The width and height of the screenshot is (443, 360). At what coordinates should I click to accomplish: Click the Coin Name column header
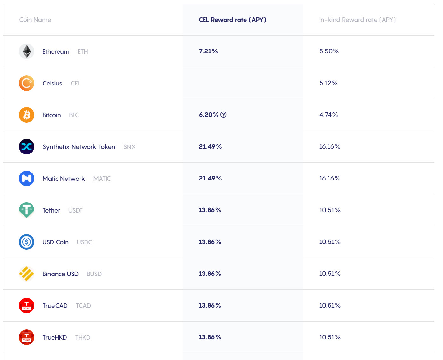pyautogui.click(x=35, y=20)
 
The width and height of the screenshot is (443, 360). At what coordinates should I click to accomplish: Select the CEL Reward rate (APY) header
pyautogui.click(x=232, y=20)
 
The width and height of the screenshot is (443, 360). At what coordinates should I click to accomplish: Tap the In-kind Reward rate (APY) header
pyautogui.click(x=357, y=20)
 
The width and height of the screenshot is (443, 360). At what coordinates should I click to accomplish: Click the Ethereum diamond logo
pyautogui.click(x=27, y=51)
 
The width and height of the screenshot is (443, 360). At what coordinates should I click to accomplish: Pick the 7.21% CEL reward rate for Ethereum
pyautogui.click(x=208, y=51)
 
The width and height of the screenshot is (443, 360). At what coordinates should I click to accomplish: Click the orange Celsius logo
pyautogui.click(x=27, y=83)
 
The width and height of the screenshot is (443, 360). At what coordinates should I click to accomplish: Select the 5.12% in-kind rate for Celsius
pyautogui.click(x=328, y=83)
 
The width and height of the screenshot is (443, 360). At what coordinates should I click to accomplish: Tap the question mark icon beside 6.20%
pyautogui.click(x=224, y=115)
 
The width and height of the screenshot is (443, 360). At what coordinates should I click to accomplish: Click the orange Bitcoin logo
pyautogui.click(x=27, y=115)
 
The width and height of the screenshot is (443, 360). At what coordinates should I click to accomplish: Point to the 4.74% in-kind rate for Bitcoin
pyautogui.click(x=329, y=115)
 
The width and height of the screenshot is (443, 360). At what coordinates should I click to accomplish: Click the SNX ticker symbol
pyautogui.click(x=129, y=147)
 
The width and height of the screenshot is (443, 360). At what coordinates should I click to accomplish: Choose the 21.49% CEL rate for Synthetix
pyautogui.click(x=210, y=146)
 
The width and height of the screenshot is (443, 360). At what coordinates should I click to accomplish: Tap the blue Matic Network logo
pyautogui.click(x=27, y=178)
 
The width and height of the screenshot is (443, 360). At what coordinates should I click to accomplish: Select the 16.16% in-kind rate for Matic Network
pyautogui.click(x=329, y=178)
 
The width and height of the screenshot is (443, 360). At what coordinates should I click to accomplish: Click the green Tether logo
pyautogui.click(x=27, y=210)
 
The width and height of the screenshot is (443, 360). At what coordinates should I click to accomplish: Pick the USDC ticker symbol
pyautogui.click(x=84, y=242)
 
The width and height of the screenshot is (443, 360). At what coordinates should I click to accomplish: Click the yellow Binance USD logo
pyautogui.click(x=27, y=274)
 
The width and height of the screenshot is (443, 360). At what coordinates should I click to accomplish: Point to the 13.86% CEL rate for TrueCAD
pyautogui.click(x=210, y=305)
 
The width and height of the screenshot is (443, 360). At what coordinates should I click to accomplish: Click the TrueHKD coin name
pyautogui.click(x=55, y=337)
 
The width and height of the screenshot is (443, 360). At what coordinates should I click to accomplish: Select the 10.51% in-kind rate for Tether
pyautogui.click(x=330, y=210)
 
